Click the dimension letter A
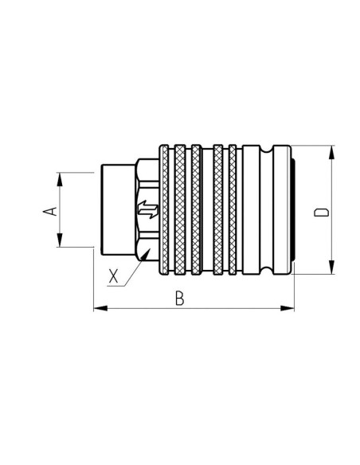[x=49, y=210]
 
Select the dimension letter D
[x=321, y=211]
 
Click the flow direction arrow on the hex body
[x=147, y=211]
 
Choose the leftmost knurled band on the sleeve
[x=164, y=210]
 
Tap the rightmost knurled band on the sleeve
[x=233, y=210]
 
